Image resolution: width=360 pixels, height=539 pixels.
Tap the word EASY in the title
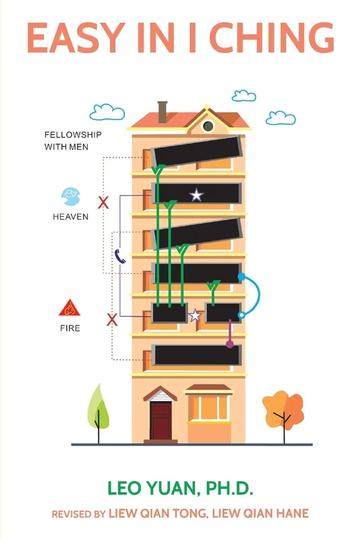[76, 38]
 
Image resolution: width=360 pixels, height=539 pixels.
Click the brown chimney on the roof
[162, 112]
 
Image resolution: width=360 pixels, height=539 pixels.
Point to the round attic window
[208, 126]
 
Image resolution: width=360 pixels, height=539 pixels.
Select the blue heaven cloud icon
[71, 196]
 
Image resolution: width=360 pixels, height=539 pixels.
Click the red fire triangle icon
[69, 308]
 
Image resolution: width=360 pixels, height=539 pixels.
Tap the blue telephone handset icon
[119, 257]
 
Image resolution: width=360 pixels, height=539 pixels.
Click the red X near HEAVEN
[103, 203]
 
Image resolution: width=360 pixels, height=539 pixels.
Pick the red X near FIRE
[112, 319]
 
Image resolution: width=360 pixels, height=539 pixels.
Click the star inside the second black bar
[196, 195]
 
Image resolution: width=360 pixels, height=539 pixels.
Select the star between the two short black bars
[196, 315]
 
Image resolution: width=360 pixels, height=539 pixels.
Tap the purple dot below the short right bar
[230, 344]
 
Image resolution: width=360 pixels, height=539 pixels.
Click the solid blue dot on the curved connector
[242, 276]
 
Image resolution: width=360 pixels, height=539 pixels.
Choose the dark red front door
[160, 420]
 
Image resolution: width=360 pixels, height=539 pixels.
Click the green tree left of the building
[98, 413]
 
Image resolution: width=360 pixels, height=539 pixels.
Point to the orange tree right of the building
[283, 412]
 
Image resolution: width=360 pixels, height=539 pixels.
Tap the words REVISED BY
[78, 514]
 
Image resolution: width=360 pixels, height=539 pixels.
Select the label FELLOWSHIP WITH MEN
[73, 141]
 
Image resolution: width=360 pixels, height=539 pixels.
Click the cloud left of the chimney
[107, 112]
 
